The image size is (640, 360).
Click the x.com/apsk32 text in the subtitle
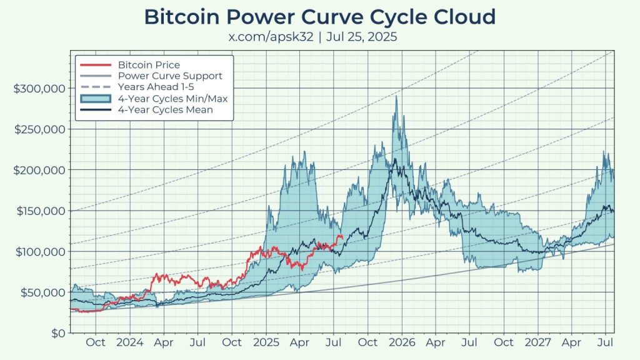point(273,37)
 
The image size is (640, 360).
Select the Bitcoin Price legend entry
point(149,65)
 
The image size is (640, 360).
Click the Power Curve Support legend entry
point(170,76)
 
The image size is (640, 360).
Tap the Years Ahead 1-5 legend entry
point(157,87)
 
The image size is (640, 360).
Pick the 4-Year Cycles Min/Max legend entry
point(175,98)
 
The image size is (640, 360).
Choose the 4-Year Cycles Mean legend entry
point(166,109)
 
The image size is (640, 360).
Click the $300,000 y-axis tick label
point(40,88)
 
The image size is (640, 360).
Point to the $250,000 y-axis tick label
point(40,129)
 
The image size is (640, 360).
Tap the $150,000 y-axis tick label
point(40,211)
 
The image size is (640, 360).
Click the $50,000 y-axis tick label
point(42,292)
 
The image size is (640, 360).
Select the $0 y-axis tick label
point(57,333)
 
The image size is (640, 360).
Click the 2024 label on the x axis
point(130,342)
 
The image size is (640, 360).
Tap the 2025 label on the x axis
point(266,342)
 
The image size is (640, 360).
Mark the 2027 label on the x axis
point(538,342)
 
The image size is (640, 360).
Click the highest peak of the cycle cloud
point(396,96)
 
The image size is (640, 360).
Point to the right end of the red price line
point(341,236)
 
